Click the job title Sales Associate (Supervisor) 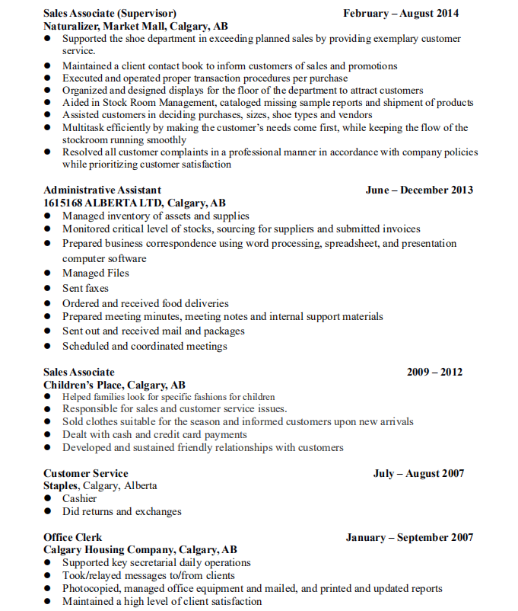click(110, 13)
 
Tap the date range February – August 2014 click(401, 13)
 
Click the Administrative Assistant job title click(102, 190)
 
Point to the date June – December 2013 click(419, 190)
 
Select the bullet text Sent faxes click(85, 288)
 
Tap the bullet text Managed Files click(96, 273)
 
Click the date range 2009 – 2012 click(434, 372)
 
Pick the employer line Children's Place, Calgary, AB click(114, 385)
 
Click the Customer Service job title click(85, 473)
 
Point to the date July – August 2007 click(418, 473)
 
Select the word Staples click(60, 485)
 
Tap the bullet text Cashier click(80, 498)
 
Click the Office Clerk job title click(72, 537)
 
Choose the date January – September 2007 click(409, 537)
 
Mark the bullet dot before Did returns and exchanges click(47, 511)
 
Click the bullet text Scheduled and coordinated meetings click(145, 346)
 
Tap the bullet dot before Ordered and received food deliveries click(47, 304)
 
